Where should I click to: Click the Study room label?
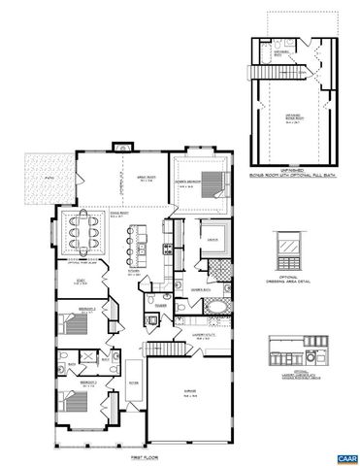click(x=79, y=283)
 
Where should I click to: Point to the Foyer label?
click(x=132, y=382)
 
